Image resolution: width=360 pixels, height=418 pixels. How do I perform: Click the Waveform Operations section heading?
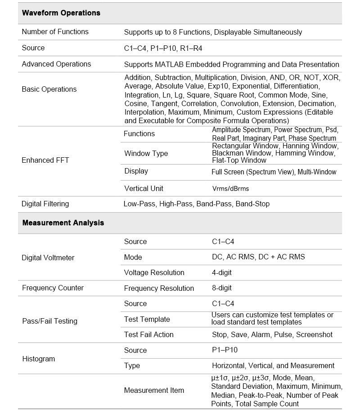tap(61, 13)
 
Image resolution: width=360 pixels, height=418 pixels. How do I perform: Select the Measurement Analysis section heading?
tap(63, 223)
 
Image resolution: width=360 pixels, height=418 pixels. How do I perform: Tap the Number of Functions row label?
tap(55, 32)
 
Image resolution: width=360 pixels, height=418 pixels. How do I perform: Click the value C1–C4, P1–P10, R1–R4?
tap(166, 48)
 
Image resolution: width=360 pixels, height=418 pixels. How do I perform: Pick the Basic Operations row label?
tap(49, 89)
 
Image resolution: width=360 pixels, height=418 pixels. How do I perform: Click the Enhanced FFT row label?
tap(45, 160)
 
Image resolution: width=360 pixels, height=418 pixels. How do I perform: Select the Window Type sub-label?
tap(146, 154)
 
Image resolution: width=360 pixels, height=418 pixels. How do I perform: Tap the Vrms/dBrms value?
tap(230, 189)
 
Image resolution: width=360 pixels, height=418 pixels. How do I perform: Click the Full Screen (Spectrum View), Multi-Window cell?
tap(274, 172)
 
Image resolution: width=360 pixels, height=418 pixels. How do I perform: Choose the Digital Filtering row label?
tap(45, 204)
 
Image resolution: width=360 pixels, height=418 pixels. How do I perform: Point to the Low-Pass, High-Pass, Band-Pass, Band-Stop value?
tap(197, 204)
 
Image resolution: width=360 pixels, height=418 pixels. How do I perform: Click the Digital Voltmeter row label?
tap(48, 258)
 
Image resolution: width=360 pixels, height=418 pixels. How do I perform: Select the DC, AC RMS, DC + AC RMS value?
tap(258, 257)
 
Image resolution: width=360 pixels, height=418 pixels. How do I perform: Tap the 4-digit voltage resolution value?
tap(222, 273)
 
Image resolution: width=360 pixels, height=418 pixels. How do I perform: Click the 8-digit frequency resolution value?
tap(222, 288)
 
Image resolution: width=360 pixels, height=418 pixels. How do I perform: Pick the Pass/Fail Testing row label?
tap(49, 321)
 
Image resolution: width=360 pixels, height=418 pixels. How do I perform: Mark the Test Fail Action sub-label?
tap(149, 335)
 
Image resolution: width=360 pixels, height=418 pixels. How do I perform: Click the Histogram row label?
tap(38, 359)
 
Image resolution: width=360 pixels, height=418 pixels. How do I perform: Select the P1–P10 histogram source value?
tap(225, 351)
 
